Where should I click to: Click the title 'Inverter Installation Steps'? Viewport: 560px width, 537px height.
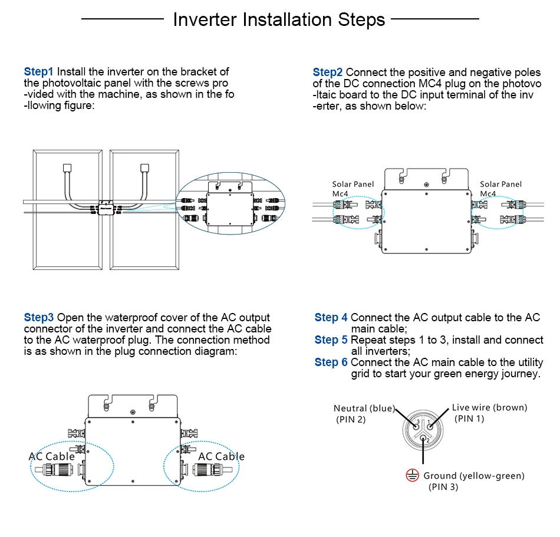click(279, 19)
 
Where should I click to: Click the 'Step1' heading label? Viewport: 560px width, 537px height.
click(39, 72)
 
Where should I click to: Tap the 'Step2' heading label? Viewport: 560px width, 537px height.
click(328, 72)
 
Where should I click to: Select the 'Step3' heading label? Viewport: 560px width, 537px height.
click(39, 318)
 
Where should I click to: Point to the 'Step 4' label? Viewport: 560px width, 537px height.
click(331, 318)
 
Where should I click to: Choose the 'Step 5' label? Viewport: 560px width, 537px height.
click(331, 340)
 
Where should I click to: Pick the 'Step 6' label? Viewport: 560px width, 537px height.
click(331, 363)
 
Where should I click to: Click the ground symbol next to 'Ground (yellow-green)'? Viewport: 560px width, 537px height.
click(412, 476)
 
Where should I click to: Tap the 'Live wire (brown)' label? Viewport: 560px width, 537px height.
click(489, 407)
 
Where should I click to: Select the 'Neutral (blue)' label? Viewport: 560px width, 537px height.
click(364, 408)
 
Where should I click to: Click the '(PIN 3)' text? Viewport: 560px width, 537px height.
click(443, 487)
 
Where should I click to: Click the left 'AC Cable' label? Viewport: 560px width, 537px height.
click(52, 456)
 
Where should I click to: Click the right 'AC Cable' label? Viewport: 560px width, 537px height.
click(221, 456)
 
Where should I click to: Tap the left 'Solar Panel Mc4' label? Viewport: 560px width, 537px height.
click(353, 189)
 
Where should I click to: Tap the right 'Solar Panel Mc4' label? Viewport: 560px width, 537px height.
click(500, 189)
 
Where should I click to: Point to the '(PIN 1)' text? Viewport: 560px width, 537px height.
click(469, 419)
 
